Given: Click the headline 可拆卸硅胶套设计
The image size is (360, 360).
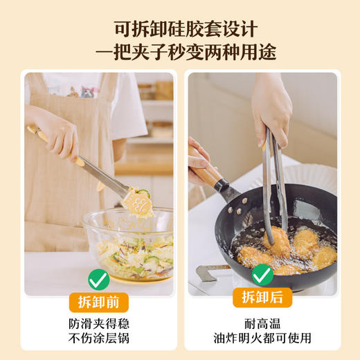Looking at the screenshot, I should tap(179, 28).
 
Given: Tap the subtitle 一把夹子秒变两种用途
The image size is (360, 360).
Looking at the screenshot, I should tap(179, 53).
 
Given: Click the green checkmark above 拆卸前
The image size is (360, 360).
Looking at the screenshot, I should tap(98, 280).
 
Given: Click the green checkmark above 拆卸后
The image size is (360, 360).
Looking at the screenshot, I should tap(262, 275).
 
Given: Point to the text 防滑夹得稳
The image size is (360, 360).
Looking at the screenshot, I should tap(99, 323).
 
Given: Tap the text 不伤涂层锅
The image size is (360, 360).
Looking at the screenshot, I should tap(99, 338).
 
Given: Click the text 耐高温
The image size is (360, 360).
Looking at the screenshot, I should tap(262, 323).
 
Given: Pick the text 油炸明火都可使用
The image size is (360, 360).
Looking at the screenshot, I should tap(262, 338).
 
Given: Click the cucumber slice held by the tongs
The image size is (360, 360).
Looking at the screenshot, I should tap(143, 193).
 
